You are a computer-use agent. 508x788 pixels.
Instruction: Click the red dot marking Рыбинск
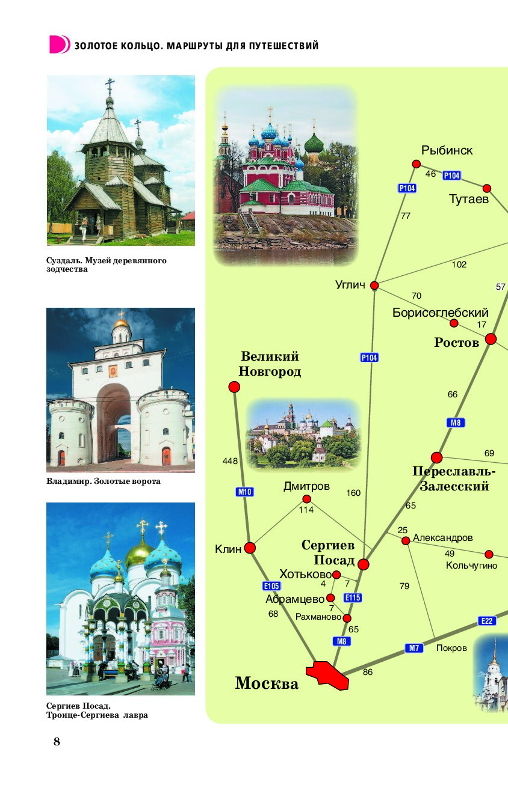(417, 164)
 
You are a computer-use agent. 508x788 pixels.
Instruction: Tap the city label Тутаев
(468, 199)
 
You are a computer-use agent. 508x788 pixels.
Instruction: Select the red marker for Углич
(374, 286)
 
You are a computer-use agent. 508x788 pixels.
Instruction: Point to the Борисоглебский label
(441, 313)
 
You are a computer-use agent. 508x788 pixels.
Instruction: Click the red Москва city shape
(327, 675)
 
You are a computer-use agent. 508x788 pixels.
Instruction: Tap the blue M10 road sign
(244, 492)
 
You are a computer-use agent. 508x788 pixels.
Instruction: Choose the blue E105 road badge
(271, 586)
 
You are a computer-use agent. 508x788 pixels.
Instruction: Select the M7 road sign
(414, 648)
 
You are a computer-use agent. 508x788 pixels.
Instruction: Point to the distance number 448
(230, 461)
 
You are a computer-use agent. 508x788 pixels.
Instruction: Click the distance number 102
(459, 264)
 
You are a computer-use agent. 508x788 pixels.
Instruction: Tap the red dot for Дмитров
(307, 499)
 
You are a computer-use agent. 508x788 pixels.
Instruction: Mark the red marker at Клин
(250, 548)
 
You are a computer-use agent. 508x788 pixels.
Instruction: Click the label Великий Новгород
(270, 364)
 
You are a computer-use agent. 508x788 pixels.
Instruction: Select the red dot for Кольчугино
(489, 554)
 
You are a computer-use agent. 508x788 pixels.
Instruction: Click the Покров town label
(451, 648)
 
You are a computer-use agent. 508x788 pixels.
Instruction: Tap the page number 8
(57, 742)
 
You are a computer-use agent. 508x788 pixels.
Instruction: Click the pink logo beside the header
(60, 44)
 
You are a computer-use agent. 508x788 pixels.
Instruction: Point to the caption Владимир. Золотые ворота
(104, 481)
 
